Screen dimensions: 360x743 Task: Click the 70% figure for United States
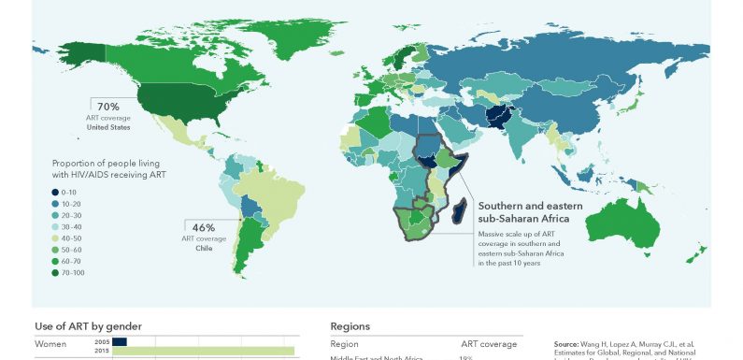(x=108, y=107)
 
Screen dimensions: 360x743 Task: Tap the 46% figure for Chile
(x=204, y=227)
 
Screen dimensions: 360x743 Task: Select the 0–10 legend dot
(x=56, y=192)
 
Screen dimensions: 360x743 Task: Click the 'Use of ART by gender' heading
(x=88, y=326)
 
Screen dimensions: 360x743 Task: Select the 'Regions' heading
(x=350, y=326)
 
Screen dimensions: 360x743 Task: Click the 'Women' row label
(x=51, y=344)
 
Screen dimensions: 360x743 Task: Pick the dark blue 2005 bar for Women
(x=120, y=341)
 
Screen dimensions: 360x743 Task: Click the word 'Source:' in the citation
(x=567, y=343)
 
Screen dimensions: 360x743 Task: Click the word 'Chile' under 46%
(x=204, y=249)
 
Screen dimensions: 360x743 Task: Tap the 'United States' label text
(x=108, y=128)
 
